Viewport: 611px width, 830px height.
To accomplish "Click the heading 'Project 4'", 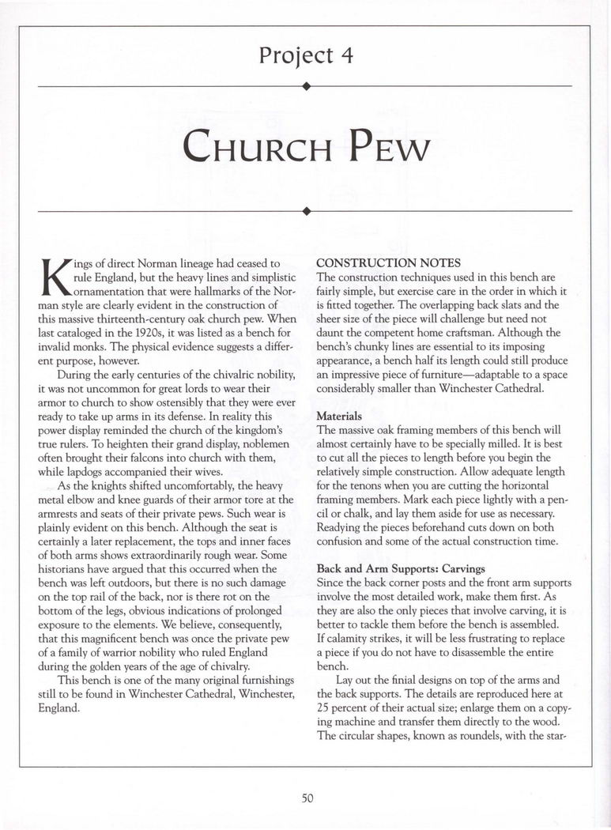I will (x=305, y=56).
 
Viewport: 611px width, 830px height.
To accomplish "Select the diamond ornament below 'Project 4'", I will (x=305, y=85).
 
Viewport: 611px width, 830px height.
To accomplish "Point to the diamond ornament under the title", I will (x=305, y=211).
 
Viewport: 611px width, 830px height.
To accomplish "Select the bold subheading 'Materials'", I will (x=340, y=415).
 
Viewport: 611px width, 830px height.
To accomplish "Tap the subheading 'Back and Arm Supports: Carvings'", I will (x=400, y=568).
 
